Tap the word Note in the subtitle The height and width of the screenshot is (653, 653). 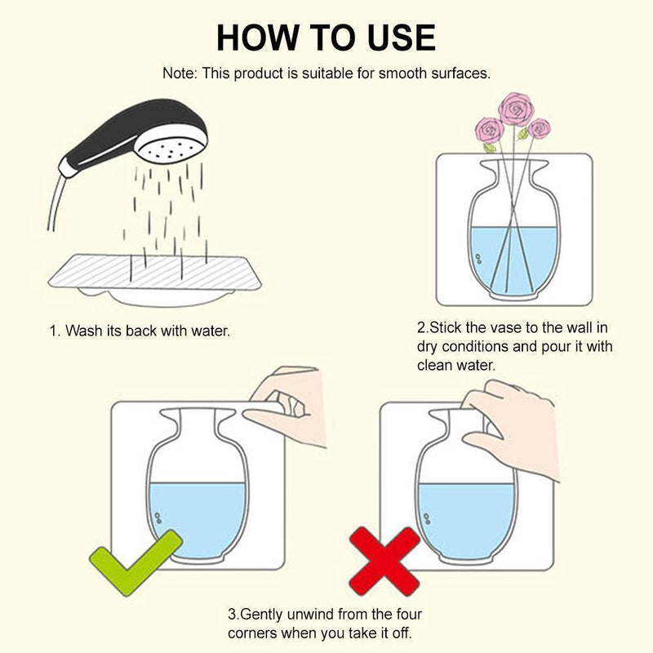click(179, 73)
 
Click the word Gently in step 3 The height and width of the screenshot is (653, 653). click(262, 615)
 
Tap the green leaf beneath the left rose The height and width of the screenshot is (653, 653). click(489, 148)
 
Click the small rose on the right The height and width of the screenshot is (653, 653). click(540, 128)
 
